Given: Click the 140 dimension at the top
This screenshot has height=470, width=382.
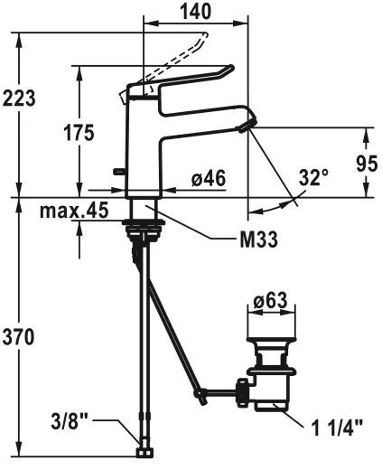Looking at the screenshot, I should [x=195, y=12].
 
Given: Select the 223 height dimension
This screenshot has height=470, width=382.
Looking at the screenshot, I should [x=19, y=98].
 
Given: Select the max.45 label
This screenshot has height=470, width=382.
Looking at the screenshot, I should [x=74, y=211].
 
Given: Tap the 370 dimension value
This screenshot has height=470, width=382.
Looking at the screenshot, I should [x=19, y=337].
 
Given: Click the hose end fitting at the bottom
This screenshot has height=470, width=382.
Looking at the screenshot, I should [x=142, y=450].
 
